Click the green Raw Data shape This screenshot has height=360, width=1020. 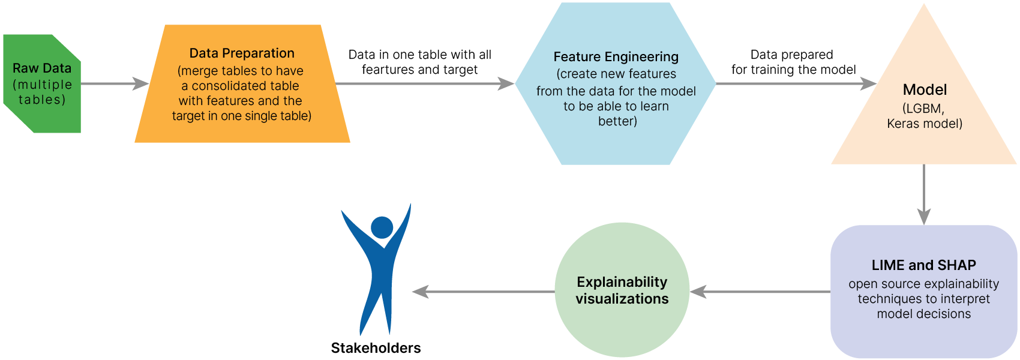[x=42, y=84]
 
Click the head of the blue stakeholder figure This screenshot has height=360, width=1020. [x=382, y=227]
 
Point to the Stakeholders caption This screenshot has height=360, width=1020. [x=376, y=348]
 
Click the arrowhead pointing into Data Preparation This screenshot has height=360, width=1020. [x=142, y=83]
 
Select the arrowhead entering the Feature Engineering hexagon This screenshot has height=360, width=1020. [x=507, y=83]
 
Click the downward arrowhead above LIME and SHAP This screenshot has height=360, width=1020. [x=924, y=216]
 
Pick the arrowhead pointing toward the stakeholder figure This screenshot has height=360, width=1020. [x=421, y=292]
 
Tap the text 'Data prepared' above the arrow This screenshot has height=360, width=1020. [x=791, y=55]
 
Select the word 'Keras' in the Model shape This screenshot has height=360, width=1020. [x=903, y=124]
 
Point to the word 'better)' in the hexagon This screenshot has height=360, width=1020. [x=617, y=121]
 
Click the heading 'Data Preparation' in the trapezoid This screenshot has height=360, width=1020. [x=242, y=53]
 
